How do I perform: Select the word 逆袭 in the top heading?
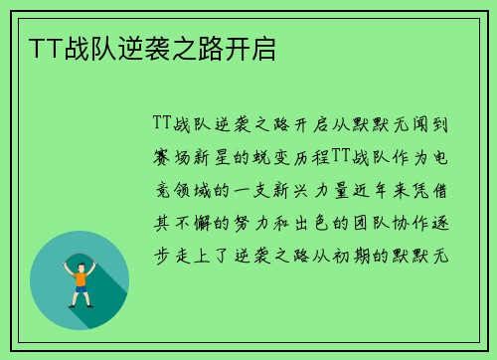click(x=143, y=48)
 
